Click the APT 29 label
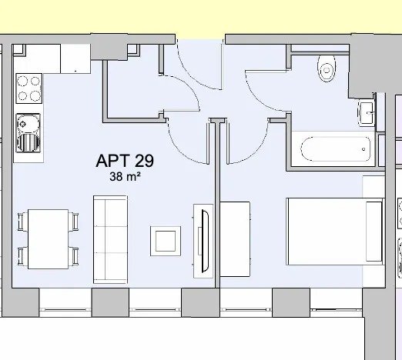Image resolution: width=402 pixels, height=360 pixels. pyautogui.click(x=125, y=161)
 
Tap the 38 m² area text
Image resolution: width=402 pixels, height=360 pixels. pyautogui.click(x=125, y=177)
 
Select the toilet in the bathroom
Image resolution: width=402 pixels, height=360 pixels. pyautogui.click(x=327, y=68)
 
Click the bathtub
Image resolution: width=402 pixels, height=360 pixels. pyautogui.click(x=335, y=149)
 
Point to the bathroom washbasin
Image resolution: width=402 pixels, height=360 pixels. pyautogui.click(x=367, y=113)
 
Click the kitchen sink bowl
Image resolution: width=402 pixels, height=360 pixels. pyautogui.click(x=28, y=124)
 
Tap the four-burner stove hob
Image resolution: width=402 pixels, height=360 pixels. pyautogui.click(x=29, y=88)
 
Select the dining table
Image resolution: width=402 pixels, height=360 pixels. pyautogui.click(x=48, y=239)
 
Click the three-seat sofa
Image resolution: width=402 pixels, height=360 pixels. pyautogui.click(x=110, y=239)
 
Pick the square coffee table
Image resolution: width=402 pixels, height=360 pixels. pyautogui.click(x=166, y=241)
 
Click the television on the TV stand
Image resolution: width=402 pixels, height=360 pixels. pyautogui.click(x=205, y=241)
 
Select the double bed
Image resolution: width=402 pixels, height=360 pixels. pyautogui.click(x=336, y=232)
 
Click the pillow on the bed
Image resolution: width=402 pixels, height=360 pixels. pyautogui.click(x=374, y=232)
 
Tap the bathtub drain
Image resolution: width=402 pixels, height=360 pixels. pyautogui.click(x=363, y=149)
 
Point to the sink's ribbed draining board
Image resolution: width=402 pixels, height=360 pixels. pyautogui.click(x=28, y=142)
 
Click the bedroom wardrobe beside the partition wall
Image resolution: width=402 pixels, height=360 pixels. pyautogui.click(x=235, y=239)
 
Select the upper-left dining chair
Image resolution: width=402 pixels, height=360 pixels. pyautogui.click(x=22, y=222)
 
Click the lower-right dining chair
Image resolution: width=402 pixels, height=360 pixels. pyautogui.click(x=74, y=256)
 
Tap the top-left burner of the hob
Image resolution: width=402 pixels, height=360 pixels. pyautogui.click(x=22, y=81)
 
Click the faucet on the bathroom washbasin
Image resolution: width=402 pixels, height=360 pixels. pyautogui.click(x=370, y=112)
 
